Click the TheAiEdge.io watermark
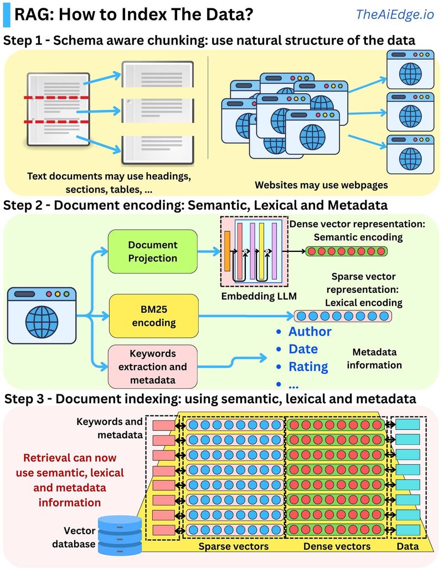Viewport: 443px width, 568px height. tap(394, 14)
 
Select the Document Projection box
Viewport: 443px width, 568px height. tap(153, 251)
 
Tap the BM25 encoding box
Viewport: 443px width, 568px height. tap(154, 316)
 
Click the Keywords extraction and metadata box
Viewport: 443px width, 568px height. tap(153, 367)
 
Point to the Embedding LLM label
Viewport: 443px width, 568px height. tap(259, 296)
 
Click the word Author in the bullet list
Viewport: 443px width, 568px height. tap(310, 332)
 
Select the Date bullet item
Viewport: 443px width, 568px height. tap(303, 349)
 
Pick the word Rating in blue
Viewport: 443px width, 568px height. tap(308, 367)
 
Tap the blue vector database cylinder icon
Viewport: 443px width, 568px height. tap(120, 535)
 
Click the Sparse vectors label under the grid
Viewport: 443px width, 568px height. tap(234, 546)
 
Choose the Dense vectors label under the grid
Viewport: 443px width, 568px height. tap(337, 546)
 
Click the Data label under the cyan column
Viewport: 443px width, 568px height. tap(408, 546)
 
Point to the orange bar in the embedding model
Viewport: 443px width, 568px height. tap(227, 251)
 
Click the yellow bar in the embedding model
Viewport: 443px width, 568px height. tap(261, 251)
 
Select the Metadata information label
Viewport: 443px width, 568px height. tap(374, 359)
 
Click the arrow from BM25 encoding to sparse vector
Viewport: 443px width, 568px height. tap(246, 316)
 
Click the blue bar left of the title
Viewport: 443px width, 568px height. tap(7, 14)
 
